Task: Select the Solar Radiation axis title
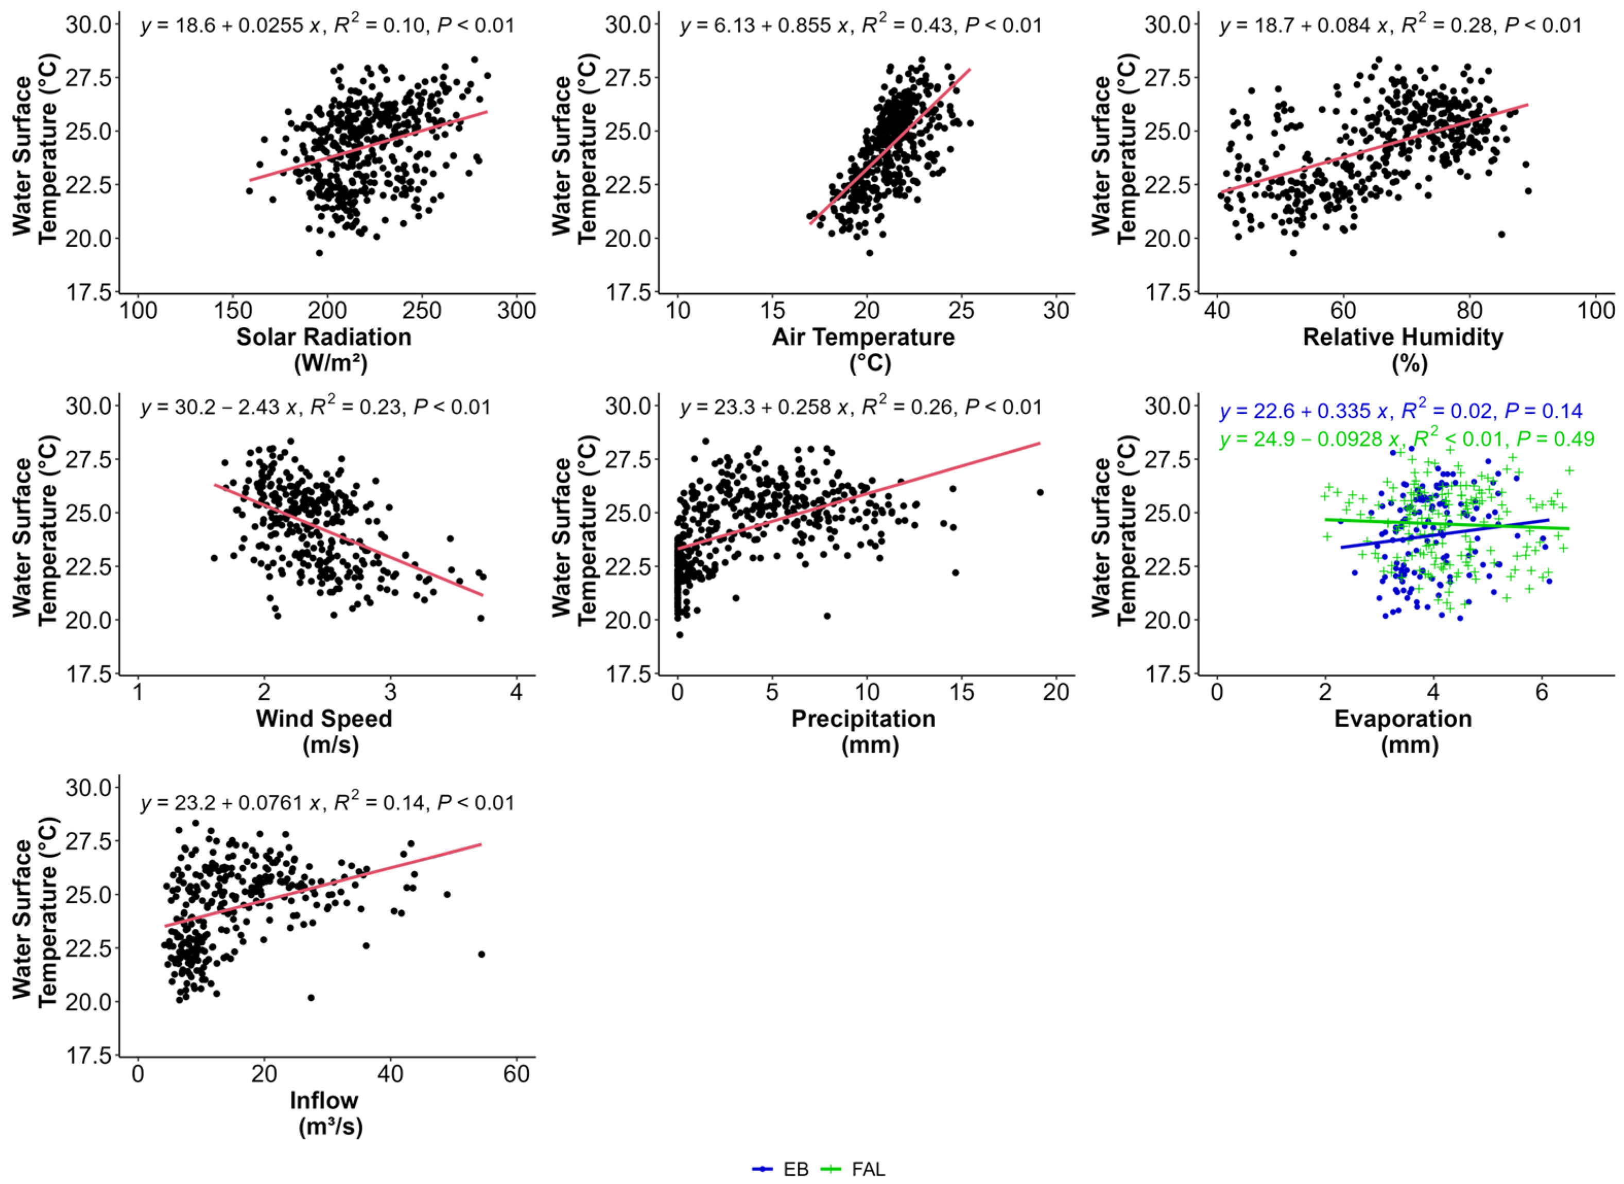[324, 350]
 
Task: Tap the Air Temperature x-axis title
[863, 350]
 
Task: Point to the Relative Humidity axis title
[1403, 350]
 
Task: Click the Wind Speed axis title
[324, 731]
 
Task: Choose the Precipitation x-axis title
[863, 731]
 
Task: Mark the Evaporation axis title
[1403, 731]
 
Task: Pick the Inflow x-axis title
[324, 1112]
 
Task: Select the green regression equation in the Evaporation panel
[1407, 438]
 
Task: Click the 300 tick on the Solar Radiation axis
[517, 311]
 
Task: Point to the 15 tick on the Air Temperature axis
[772, 311]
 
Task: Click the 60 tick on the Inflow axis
[517, 1073]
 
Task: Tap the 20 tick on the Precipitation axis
[1056, 693]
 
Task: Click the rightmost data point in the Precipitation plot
[1040, 492]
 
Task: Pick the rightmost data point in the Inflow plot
[481, 954]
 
